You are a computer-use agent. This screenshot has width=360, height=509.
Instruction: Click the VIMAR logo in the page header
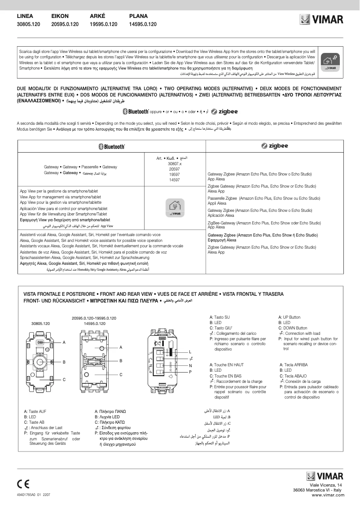click(321, 20)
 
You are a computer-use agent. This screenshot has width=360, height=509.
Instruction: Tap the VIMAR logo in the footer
click(325, 476)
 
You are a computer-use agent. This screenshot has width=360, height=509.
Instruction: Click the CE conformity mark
click(23, 484)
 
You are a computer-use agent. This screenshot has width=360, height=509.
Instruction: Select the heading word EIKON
click(60, 16)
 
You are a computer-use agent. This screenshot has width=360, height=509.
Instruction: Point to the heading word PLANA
click(138, 16)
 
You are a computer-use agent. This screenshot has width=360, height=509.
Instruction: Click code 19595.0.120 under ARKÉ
click(104, 24)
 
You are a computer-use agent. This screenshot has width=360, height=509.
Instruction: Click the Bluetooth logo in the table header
click(111, 146)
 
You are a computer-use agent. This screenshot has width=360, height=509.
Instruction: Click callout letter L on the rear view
click(190, 351)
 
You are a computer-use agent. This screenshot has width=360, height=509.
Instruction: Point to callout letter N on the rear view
click(190, 365)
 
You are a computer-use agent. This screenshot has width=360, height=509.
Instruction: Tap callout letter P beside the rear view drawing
click(190, 372)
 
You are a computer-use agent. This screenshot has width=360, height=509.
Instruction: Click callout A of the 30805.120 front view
click(64, 342)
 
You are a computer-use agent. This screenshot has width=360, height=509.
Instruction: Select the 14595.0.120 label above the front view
click(94, 323)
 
